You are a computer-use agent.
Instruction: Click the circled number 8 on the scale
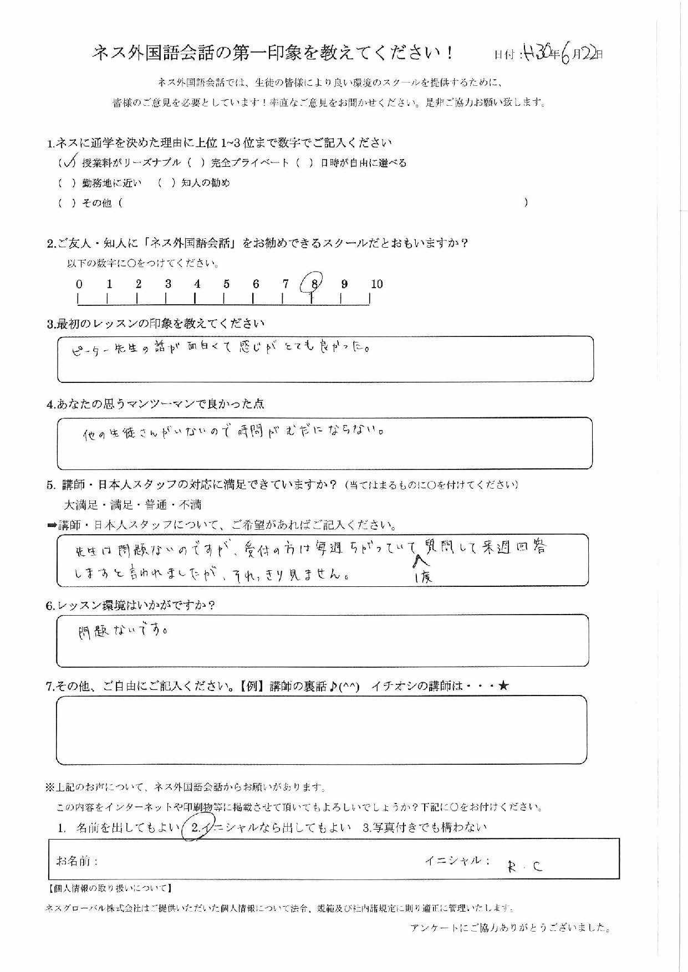pos(313,284)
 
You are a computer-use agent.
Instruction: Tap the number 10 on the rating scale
pos(376,284)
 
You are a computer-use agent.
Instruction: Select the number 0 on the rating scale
pos(79,284)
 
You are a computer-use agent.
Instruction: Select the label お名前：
pos(77,861)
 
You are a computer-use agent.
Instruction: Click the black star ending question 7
pos(503,686)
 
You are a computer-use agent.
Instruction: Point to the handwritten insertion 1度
pos(424,577)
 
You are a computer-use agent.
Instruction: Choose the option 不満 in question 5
pos(190,505)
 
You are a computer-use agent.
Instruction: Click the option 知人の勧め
pos(205,183)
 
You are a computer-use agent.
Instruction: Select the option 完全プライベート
pos(249,163)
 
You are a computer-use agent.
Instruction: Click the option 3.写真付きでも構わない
pos(424,827)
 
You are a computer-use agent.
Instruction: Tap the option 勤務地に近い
pos(111,183)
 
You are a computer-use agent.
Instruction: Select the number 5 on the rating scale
pos(226,284)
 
